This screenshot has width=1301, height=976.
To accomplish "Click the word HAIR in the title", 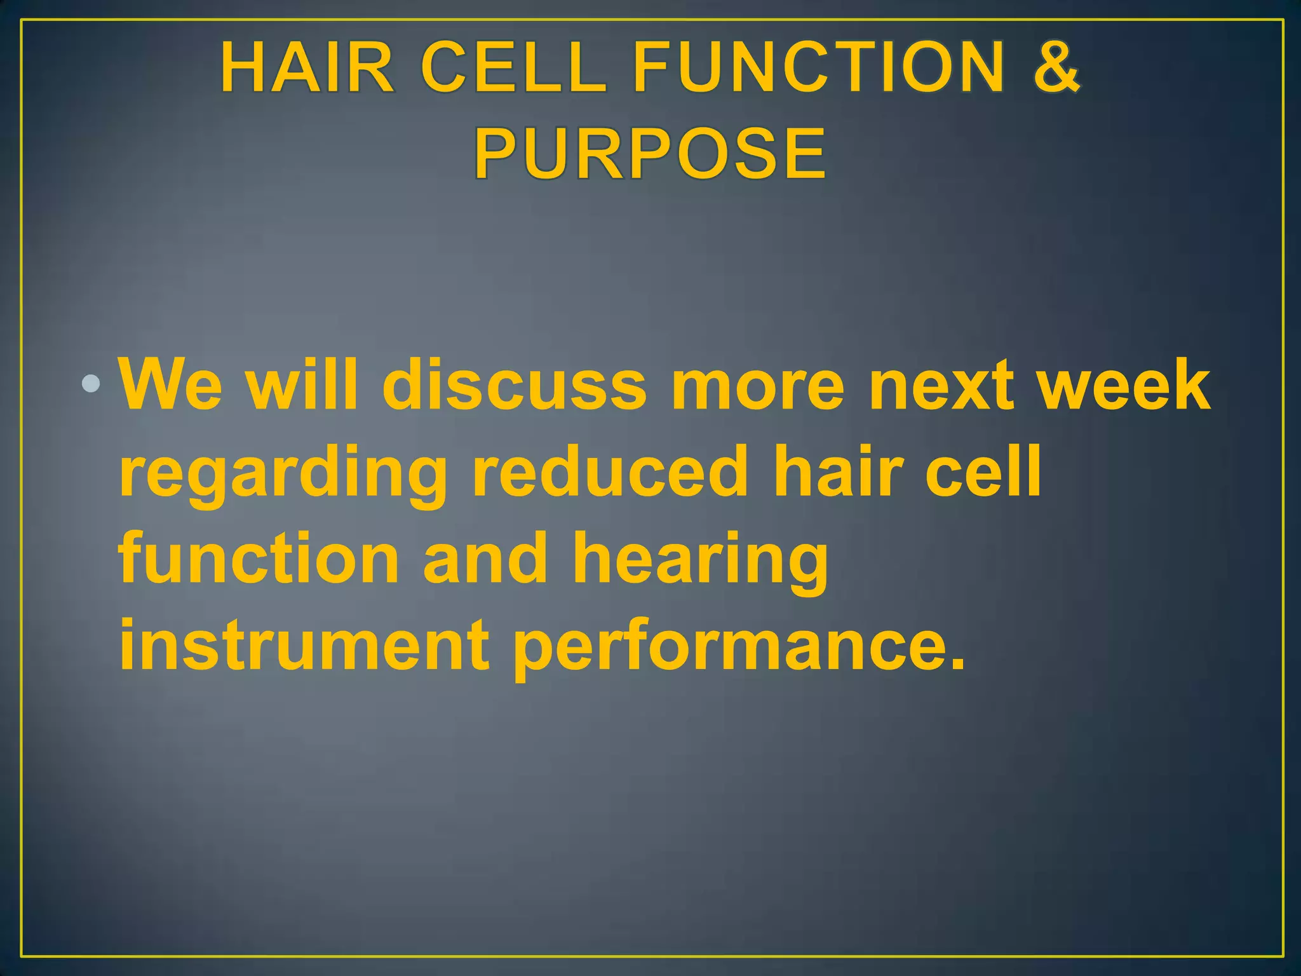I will (x=307, y=67).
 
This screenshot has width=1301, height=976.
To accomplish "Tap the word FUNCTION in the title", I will (x=820, y=67).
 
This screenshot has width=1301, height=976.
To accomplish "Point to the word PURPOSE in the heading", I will (x=650, y=154).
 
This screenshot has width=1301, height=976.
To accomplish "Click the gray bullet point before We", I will (x=91, y=384).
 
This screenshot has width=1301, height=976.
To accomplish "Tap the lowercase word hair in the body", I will (x=837, y=471).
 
